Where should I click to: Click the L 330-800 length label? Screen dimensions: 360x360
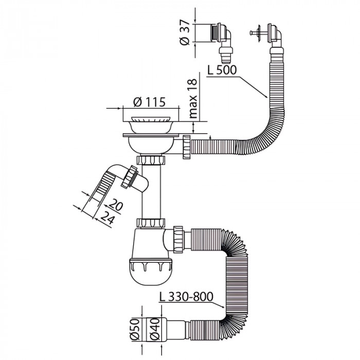tap(186, 297)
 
